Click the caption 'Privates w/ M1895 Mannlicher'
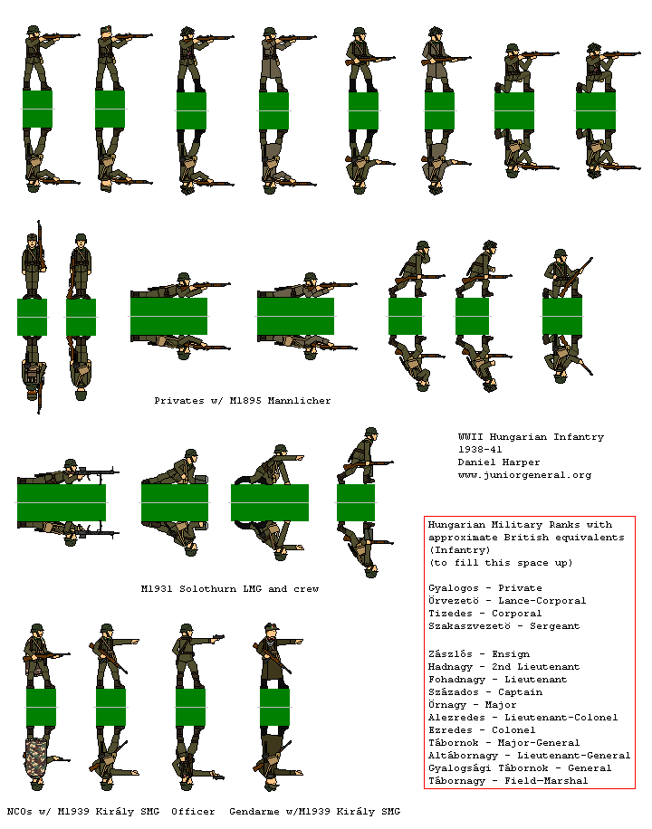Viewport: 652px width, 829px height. click(x=242, y=400)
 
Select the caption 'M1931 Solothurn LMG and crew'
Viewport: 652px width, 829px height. click(x=229, y=588)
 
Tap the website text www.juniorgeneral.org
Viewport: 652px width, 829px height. click(x=524, y=474)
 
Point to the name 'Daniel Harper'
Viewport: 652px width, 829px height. click(x=498, y=462)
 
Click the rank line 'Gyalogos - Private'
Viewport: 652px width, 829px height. click(x=484, y=587)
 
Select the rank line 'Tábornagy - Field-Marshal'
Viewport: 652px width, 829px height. click(x=507, y=780)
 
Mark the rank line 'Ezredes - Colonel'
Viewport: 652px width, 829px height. click(x=482, y=729)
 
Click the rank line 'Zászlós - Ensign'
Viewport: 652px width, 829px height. click(x=478, y=653)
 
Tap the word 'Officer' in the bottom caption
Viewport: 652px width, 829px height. click(x=193, y=811)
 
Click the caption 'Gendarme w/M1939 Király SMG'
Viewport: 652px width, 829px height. click(x=314, y=811)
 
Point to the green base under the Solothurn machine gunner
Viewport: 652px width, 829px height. click(x=62, y=502)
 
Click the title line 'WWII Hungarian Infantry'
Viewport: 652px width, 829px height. click(x=531, y=436)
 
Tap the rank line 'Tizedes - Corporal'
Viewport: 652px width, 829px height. click(x=484, y=613)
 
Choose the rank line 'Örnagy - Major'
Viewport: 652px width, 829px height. click(x=472, y=704)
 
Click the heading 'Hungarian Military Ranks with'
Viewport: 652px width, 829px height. click(x=520, y=524)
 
